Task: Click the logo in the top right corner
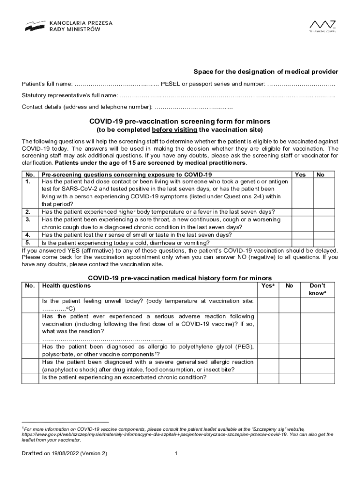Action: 323,26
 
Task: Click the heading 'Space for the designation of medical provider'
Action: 266,72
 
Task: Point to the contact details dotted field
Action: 194,107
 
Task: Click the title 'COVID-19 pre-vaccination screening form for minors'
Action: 180,121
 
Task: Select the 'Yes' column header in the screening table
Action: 301,174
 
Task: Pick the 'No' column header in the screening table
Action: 320,174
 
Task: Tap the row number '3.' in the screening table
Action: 28,219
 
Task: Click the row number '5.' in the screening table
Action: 28,242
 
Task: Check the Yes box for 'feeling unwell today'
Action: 268,305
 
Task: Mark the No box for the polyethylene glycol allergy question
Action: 289,350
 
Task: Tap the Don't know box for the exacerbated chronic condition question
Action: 317,377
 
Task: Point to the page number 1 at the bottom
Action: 175,454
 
